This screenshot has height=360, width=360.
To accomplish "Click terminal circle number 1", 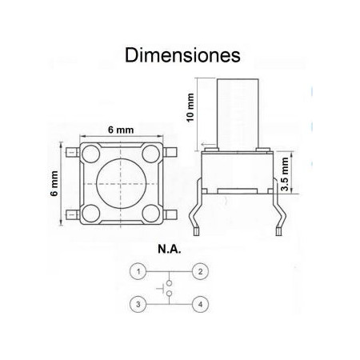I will tap(138, 273).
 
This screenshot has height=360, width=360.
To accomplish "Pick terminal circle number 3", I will tap(138, 304).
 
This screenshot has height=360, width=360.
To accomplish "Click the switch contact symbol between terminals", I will tap(170, 289).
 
